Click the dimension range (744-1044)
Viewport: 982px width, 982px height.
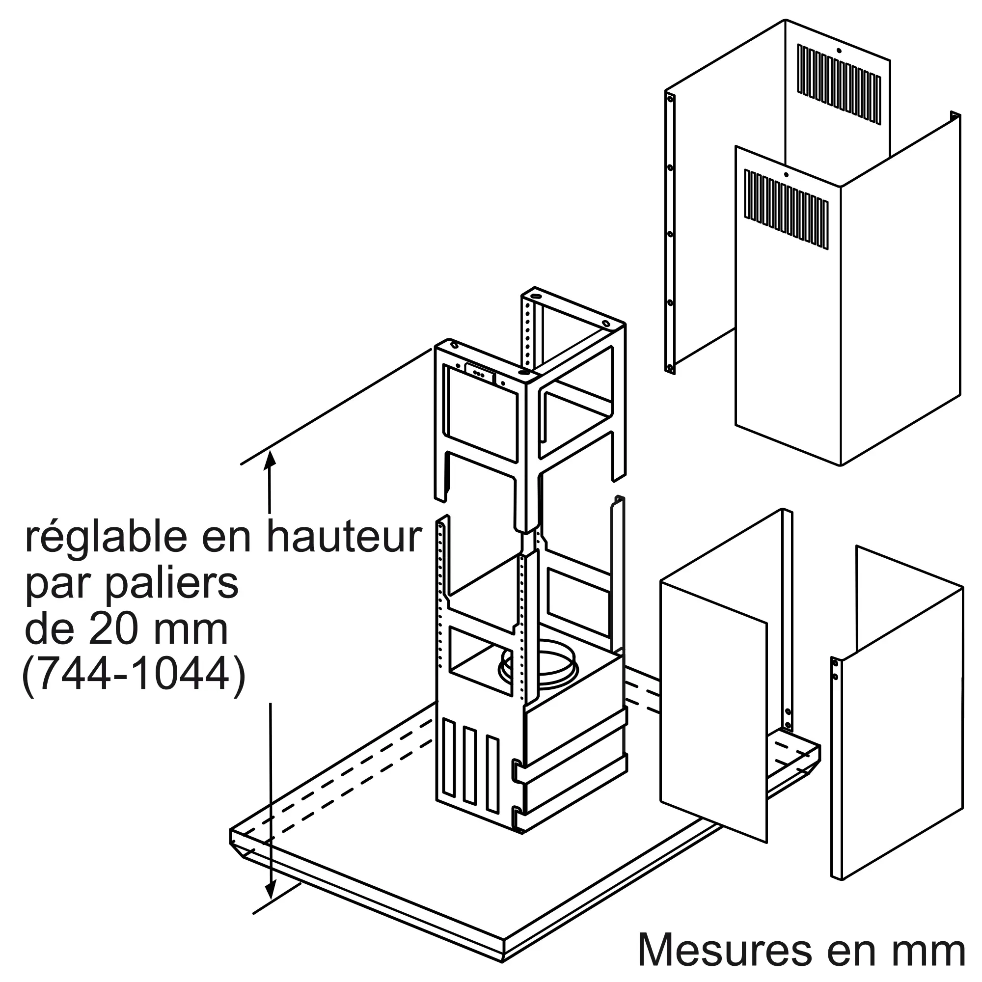134,678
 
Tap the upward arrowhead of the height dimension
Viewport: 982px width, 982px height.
270,459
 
